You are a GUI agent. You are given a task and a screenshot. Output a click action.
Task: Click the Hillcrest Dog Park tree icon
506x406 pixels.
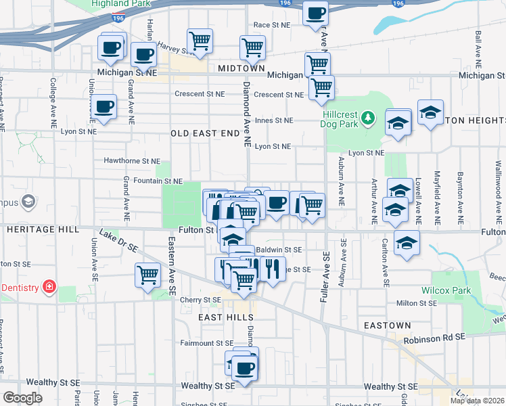tap(368, 119)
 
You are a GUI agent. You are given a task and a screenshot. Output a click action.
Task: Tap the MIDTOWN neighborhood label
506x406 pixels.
tap(241, 68)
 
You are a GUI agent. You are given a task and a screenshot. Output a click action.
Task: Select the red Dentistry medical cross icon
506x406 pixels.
tap(49, 288)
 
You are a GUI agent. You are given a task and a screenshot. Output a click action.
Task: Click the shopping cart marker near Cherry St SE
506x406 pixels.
tap(147, 275)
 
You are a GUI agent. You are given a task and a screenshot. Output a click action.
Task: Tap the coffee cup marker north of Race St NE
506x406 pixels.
tap(315, 13)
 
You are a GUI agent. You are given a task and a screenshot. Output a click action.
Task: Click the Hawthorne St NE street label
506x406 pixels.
tap(132, 162)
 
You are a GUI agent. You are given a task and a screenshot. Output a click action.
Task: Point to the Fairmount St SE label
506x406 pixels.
tap(206, 343)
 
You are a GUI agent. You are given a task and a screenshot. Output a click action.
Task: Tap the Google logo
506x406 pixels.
tap(23, 398)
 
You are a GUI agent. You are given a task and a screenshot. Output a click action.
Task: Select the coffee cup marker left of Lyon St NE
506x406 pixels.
tap(103, 106)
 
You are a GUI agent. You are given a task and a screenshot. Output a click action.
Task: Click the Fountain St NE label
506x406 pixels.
tap(158, 181)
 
